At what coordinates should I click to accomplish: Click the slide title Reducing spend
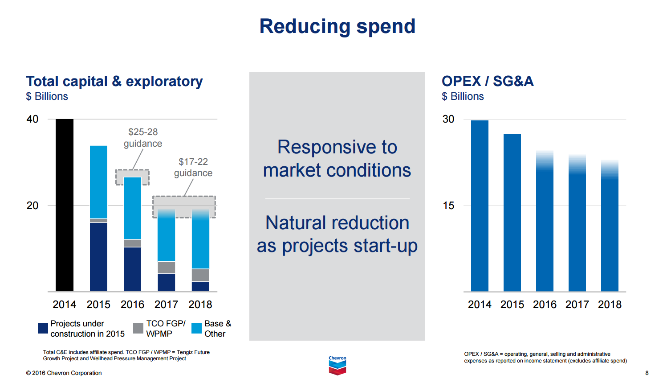337,26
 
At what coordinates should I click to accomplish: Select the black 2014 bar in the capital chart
65,205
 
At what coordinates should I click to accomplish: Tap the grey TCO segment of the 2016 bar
132,243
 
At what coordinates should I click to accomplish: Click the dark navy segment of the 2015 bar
98,256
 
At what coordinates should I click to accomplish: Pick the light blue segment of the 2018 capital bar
200,241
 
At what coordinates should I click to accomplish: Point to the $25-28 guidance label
143,138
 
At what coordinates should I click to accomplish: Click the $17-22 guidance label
193,167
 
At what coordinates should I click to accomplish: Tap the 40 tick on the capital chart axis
33,119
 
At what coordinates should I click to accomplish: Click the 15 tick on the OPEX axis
448,206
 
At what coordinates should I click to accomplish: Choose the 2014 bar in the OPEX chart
480,206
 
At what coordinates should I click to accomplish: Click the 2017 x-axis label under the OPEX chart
577,305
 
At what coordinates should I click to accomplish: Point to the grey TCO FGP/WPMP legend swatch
138,329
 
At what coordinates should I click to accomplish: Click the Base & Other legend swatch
196,329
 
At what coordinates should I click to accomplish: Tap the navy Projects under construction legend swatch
43,329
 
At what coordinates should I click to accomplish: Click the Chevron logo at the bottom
337,366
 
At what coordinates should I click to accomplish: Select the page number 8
647,373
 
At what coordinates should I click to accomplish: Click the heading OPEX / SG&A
487,81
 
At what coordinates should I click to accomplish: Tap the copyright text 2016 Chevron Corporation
64,373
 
